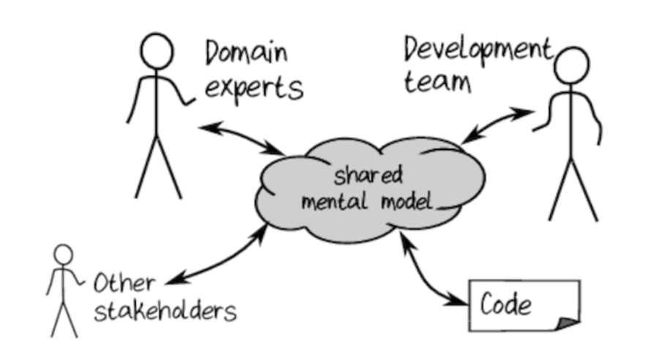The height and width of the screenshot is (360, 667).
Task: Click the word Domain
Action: pyautogui.click(x=246, y=53)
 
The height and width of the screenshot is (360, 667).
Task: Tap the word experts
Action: pyautogui.click(x=253, y=88)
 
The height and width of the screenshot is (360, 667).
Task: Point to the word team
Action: pyautogui.click(x=437, y=81)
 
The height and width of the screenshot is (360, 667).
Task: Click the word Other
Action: pyautogui.click(x=123, y=282)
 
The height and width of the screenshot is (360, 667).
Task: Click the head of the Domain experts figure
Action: pyautogui.click(x=157, y=52)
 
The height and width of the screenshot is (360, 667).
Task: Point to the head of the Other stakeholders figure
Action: pyautogui.click(x=64, y=254)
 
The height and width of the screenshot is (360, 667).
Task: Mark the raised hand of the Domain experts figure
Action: pyautogui.click(x=192, y=102)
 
